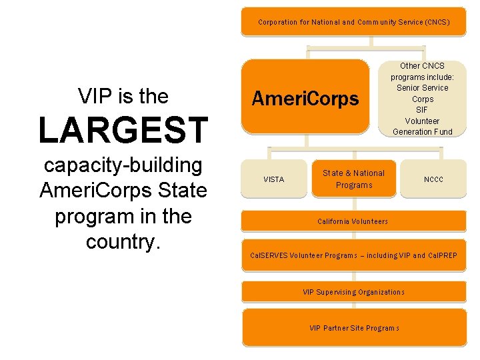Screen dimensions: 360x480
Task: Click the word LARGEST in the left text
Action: coord(123,130)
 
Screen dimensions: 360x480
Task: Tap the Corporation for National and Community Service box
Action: coord(353,22)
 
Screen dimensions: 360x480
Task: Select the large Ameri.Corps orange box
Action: coord(305,99)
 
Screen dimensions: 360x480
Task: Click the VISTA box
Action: coord(273,179)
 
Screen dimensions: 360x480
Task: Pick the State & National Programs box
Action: coord(353,179)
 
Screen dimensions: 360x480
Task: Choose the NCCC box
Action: coord(433,179)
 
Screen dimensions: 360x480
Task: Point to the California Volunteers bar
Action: coord(353,221)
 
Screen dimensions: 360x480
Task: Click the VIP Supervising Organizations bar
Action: coord(353,292)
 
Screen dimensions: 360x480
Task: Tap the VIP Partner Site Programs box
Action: coord(353,327)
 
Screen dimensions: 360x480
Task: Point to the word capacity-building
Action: coord(123,165)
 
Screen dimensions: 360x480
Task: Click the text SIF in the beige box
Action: coord(422,110)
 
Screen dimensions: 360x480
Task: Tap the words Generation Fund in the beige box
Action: coord(422,132)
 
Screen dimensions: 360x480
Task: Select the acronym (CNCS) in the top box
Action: coord(436,22)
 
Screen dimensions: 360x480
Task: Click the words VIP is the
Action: coord(123,97)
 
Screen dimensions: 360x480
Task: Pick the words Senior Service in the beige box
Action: coord(422,88)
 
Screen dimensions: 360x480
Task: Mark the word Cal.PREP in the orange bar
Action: coord(443,255)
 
